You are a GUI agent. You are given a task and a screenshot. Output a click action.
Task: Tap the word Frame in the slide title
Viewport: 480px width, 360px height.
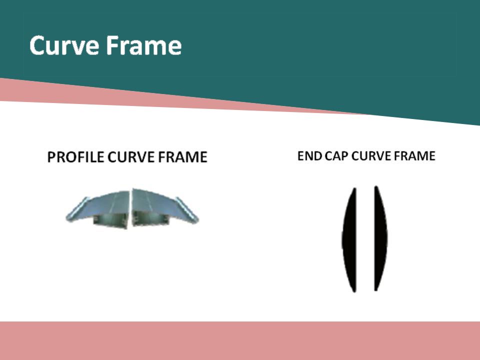point(144,45)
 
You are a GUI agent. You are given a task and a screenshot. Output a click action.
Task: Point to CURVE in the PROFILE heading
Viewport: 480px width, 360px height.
point(131,157)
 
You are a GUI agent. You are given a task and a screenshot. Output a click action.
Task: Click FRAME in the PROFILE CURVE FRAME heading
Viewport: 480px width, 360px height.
point(183,157)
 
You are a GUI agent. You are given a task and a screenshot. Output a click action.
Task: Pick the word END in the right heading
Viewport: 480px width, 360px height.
point(309,156)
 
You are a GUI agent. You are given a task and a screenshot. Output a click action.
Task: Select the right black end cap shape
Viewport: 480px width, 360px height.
point(380,239)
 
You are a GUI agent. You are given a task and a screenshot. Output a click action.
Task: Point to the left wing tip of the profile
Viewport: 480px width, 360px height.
point(67,218)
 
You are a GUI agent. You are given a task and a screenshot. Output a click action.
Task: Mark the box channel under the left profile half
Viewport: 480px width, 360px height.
point(110,220)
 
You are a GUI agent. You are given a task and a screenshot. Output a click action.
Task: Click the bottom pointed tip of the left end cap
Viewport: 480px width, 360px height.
point(354,291)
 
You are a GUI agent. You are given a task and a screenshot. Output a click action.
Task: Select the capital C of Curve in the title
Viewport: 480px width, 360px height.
point(38,45)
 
